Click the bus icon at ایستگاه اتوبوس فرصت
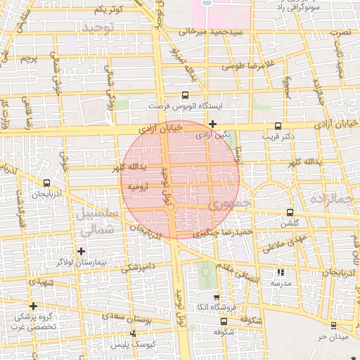coord(185,94)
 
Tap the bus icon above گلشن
coord(289,212)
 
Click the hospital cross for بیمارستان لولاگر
coord(81,250)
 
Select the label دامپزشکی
coord(137,268)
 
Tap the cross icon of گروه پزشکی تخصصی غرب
coord(33,305)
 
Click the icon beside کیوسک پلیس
coord(132,335)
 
